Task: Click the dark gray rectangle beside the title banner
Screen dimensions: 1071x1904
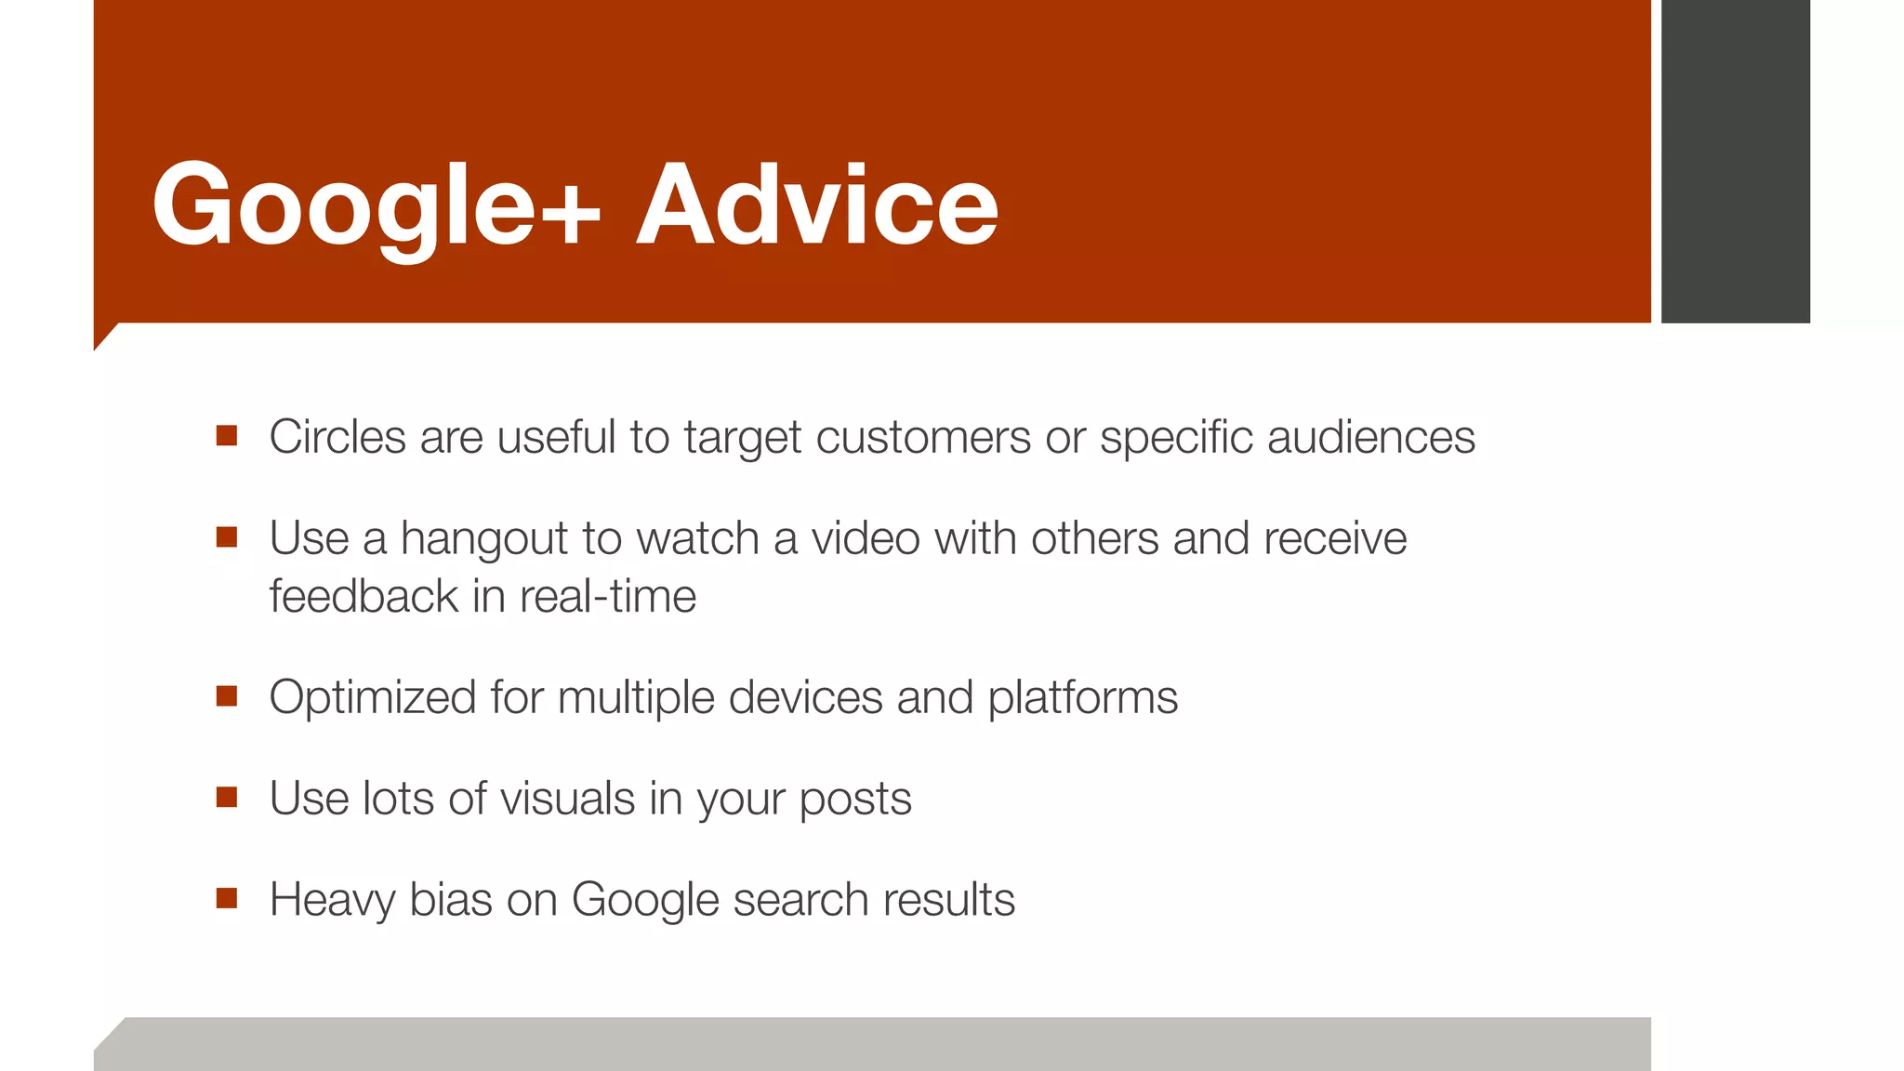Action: [1735, 160]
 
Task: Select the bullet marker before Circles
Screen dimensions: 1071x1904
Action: [227, 436]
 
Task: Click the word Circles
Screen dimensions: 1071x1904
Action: [337, 437]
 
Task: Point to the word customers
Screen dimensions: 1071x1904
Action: [922, 437]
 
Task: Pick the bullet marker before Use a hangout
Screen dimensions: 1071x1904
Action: [227, 537]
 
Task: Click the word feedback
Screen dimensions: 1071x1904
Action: [364, 596]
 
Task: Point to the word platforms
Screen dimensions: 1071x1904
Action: [1082, 697]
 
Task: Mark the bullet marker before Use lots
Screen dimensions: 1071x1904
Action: [227, 798]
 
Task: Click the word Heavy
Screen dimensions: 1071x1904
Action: [332, 900]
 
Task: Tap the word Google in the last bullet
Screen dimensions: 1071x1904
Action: [645, 900]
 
